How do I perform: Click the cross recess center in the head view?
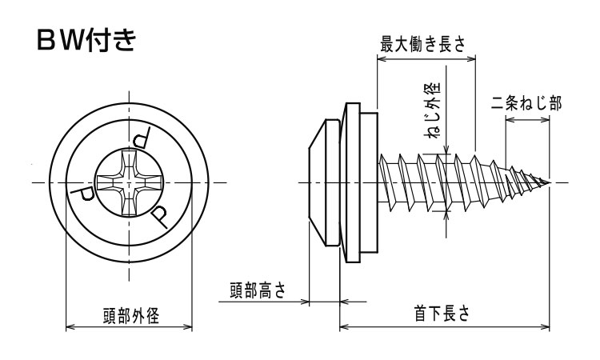(129, 183)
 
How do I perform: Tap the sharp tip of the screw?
(550, 183)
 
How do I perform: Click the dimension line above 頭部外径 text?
(129, 326)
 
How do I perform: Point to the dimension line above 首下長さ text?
(445, 326)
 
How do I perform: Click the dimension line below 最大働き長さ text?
(426, 58)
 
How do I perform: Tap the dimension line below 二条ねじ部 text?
(526, 122)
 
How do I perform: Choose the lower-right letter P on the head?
(159, 214)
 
